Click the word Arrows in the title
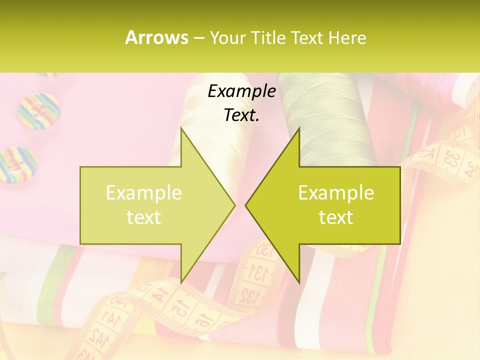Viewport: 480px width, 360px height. [156, 37]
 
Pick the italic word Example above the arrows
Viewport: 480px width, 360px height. [241, 91]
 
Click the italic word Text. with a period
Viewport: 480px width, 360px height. [241, 115]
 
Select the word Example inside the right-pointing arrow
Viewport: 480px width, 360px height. [144, 192]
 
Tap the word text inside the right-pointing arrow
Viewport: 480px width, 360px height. [144, 217]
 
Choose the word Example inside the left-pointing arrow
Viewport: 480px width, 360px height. [336, 192]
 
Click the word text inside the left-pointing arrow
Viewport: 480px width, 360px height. [336, 217]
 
